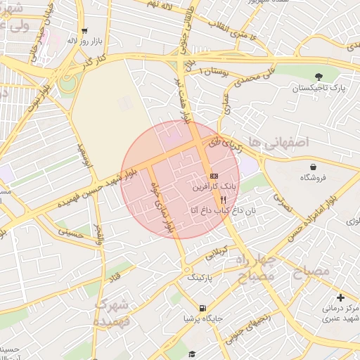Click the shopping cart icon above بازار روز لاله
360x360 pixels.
(84, 30)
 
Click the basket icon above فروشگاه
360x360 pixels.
(312, 167)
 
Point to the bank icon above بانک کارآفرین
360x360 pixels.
(214, 176)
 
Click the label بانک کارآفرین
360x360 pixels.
(214, 188)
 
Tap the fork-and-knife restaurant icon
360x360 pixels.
(223, 200)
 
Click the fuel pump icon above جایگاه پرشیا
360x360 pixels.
(202, 308)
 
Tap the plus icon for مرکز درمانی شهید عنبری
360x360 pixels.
(340, 298)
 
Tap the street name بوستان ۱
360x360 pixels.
(214, 72)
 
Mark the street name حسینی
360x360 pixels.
(70, 233)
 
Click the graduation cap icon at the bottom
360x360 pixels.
(192, 355)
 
